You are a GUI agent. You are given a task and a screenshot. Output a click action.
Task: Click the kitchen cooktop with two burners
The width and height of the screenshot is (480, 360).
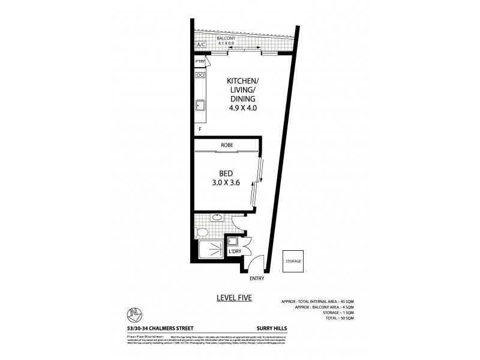pyautogui.click(x=200, y=76)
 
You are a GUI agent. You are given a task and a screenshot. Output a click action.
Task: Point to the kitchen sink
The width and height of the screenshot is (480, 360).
pyautogui.click(x=200, y=107)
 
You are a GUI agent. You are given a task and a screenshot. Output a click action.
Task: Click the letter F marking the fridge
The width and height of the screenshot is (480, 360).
pyautogui.click(x=199, y=129)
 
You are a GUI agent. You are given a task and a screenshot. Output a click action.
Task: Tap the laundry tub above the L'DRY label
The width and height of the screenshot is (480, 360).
pyautogui.click(x=233, y=243)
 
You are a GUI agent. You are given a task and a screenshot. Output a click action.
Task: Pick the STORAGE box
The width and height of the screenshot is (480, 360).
pyautogui.click(x=293, y=261)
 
